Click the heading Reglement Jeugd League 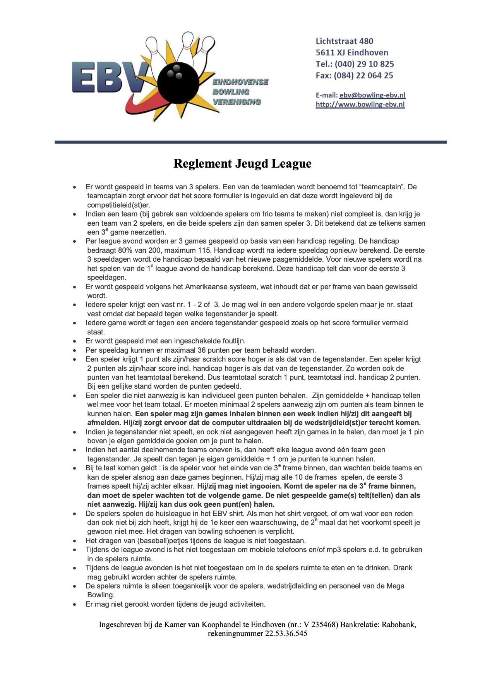click(x=242, y=164)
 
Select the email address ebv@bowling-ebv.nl click(x=372, y=95)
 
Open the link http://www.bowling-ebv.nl click(x=360, y=105)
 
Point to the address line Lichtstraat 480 click(x=345, y=41)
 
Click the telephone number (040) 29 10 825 click(x=364, y=64)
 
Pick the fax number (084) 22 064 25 click(x=363, y=75)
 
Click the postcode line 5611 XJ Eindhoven click(x=352, y=53)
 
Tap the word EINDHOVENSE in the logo click(x=240, y=82)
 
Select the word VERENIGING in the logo click(x=237, y=102)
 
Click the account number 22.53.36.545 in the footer click(x=286, y=634)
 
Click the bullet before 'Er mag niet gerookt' click(x=75, y=605)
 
